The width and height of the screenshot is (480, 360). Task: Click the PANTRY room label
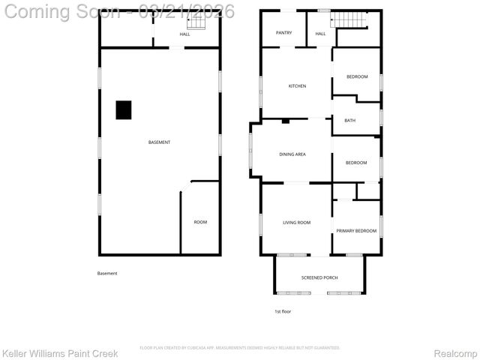[283, 33]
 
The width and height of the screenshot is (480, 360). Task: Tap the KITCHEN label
[297, 86]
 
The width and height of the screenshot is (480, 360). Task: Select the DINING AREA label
[292, 154]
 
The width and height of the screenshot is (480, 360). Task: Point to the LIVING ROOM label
[296, 222]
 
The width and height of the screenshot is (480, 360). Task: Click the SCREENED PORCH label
[319, 277]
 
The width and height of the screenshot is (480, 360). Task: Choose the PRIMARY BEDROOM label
[356, 231]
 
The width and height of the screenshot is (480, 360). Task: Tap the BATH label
[349, 121]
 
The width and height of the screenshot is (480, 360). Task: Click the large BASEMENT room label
[159, 142]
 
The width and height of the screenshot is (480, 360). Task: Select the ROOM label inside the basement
[200, 222]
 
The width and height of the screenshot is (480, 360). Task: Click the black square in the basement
[124, 110]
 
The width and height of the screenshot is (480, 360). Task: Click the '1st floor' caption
[282, 310]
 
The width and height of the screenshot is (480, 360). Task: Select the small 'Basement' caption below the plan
[107, 273]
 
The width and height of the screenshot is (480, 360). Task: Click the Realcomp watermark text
[457, 353]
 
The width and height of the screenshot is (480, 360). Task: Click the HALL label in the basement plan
[184, 34]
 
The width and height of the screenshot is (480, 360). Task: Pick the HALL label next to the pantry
[320, 34]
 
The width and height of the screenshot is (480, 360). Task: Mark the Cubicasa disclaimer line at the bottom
[240, 348]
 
